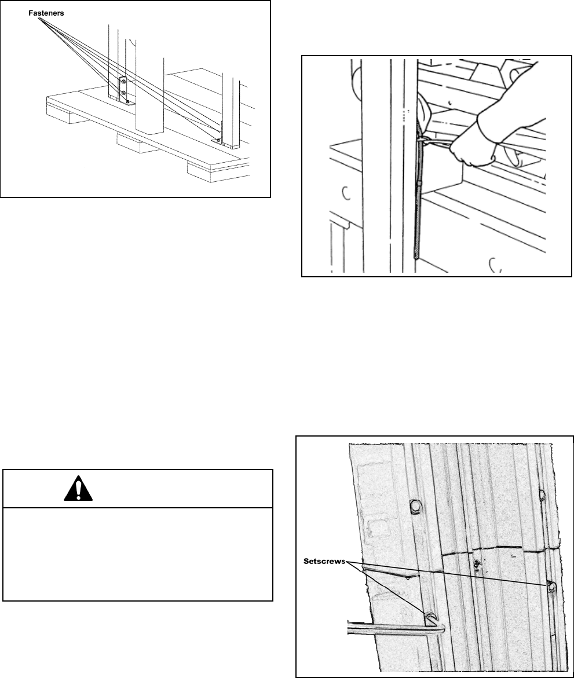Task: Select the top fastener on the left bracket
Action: coord(123,82)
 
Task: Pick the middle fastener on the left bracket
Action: coord(123,92)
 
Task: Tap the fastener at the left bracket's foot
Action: coord(127,102)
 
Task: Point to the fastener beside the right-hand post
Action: coord(218,140)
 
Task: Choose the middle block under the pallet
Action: coord(134,144)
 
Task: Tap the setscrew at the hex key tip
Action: coord(430,617)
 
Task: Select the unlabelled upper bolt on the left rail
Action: coord(416,507)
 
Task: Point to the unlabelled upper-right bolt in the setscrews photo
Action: coord(543,494)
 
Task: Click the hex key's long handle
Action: coord(388,626)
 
